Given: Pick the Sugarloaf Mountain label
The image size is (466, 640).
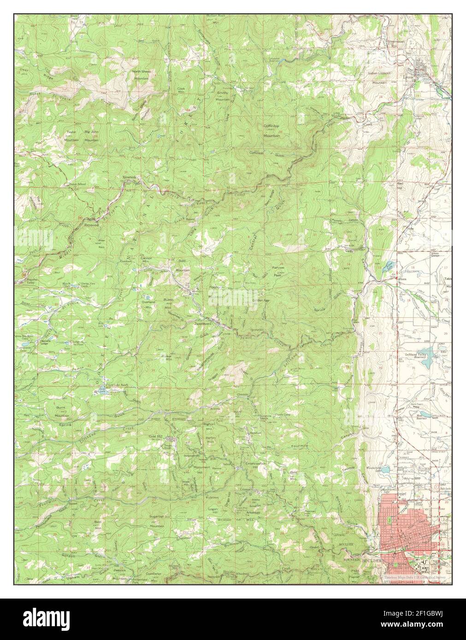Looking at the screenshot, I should pos(157,520).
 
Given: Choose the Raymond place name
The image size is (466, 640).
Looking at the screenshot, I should pos(91,225).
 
